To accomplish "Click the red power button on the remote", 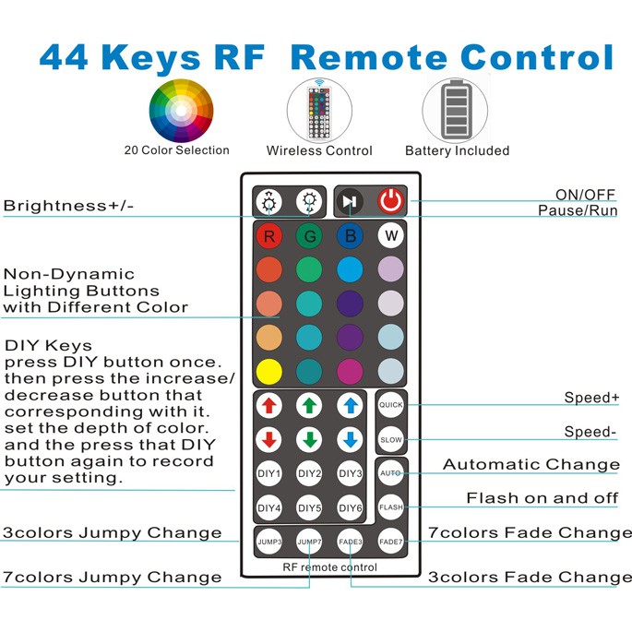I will [391, 201].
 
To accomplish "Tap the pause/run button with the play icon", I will [350, 201].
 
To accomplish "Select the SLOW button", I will [391, 439].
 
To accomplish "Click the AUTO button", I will [391, 472].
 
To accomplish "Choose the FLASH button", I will [391, 507].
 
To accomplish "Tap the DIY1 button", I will [268, 473].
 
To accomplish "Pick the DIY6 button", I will [351, 507].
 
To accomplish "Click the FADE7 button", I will [391, 542].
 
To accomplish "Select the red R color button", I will [268, 236].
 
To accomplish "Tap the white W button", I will [391, 236].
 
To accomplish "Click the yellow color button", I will [268, 371].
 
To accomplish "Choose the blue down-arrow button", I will [351, 438].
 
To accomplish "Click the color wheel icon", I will [181, 110].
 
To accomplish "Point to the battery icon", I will [456, 110].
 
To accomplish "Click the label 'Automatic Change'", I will [531, 465].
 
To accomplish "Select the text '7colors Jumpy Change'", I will [112, 578].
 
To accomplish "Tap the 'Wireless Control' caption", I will [319, 150].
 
